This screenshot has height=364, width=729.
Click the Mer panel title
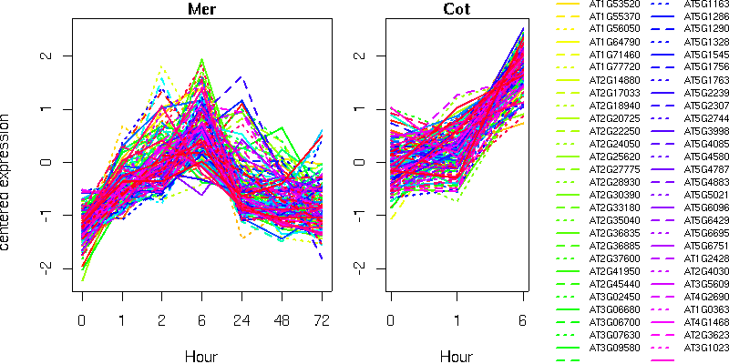[x=201, y=10]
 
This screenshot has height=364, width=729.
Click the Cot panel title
[x=457, y=10]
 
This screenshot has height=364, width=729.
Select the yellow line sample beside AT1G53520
[x=568, y=5]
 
